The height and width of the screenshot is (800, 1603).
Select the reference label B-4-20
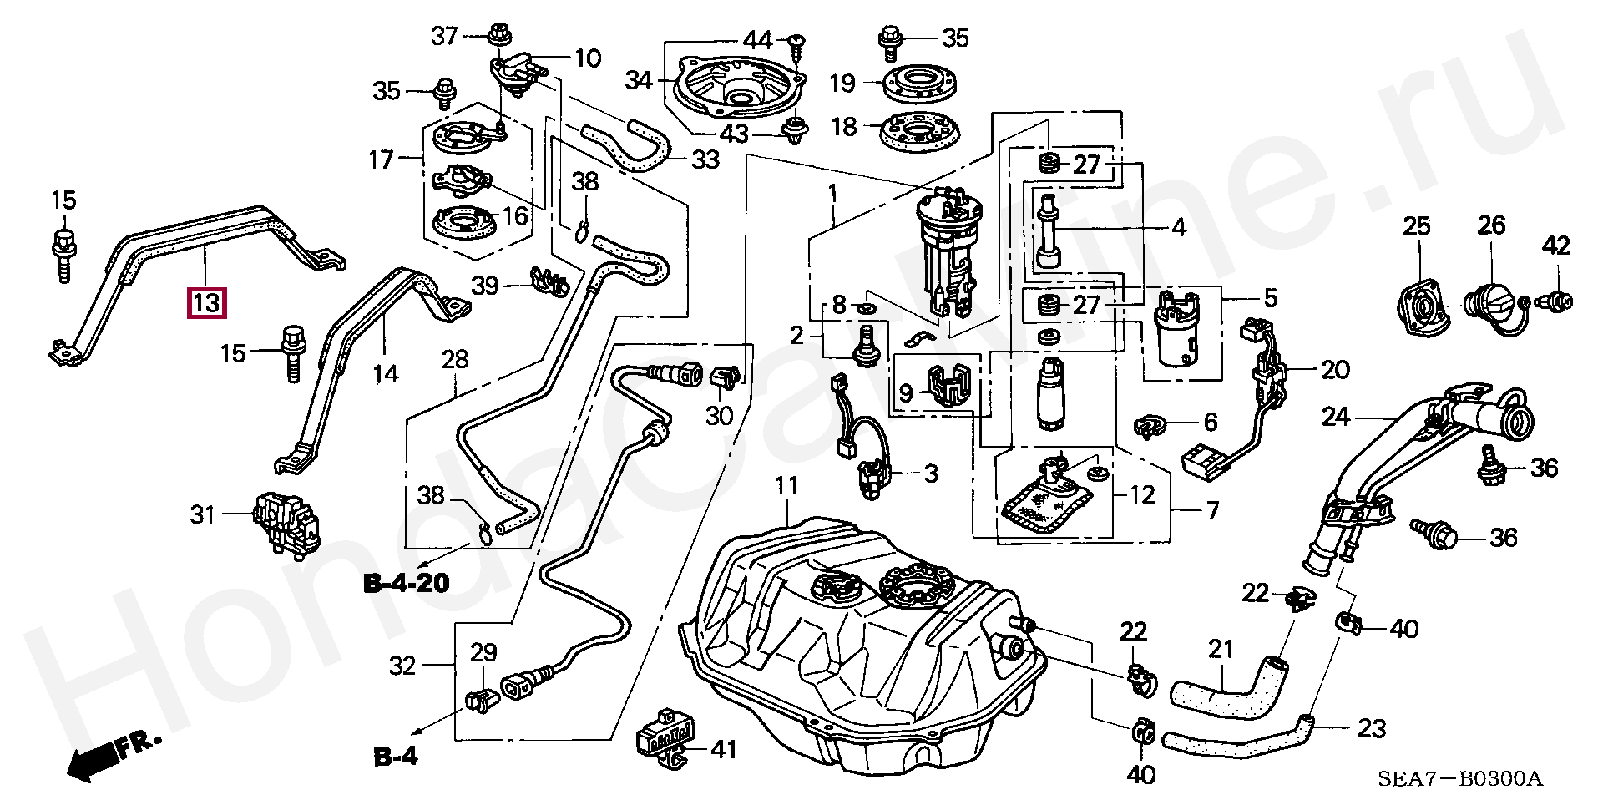click(406, 583)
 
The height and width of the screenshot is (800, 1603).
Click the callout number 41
click(723, 749)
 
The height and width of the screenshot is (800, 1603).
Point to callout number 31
click(204, 514)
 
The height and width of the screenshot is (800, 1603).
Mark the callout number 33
click(705, 159)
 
